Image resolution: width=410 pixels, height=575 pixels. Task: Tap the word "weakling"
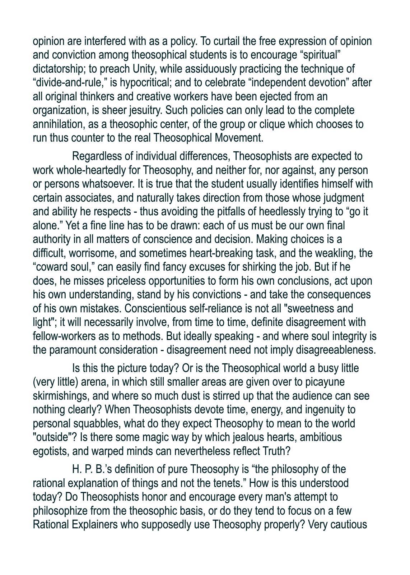coord(335,253)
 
